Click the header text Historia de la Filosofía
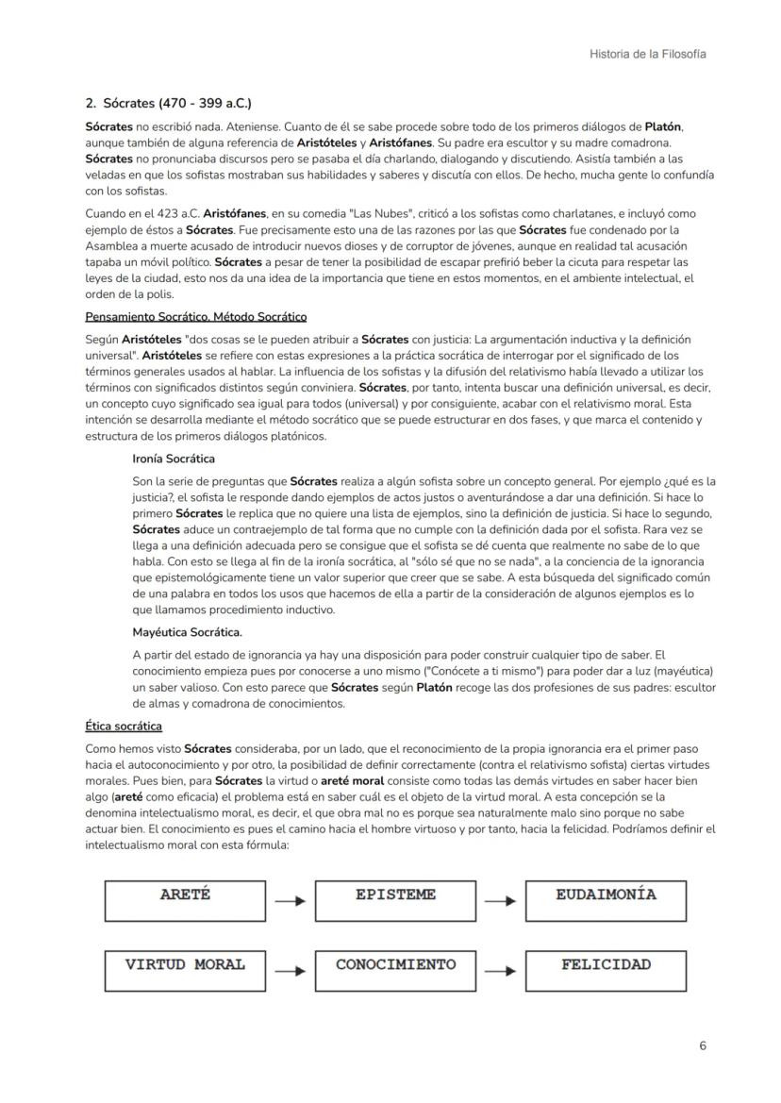click(x=647, y=54)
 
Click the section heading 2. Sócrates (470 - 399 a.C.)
click(x=168, y=102)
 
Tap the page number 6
click(x=703, y=1045)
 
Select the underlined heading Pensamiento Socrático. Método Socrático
click(x=196, y=316)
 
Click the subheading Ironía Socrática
click(x=174, y=459)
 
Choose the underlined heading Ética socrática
click(x=124, y=726)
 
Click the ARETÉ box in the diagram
click(x=185, y=900)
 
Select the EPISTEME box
click(x=395, y=900)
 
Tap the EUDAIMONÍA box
click(x=606, y=900)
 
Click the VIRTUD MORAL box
click(x=185, y=970)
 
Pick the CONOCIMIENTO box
click(x=395, y=970)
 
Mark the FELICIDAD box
click(x=606, y=970)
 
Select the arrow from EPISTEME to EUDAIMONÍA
click(x=500, y=901)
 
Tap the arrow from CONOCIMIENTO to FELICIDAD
click(x=500, y=971)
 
